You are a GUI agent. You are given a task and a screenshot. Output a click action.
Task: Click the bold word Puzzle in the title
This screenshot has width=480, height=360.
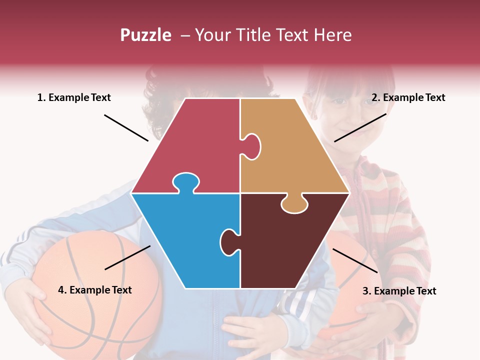(x=145, y=35)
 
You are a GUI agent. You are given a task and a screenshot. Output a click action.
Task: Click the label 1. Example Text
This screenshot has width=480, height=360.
(x=74, y=98)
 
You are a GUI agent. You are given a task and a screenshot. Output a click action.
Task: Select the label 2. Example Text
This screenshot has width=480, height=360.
(x=408, y=98)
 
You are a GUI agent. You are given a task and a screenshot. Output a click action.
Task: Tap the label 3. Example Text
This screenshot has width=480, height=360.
(x=399, y=291)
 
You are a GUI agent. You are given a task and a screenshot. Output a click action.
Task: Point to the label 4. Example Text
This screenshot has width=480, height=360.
(x=94, y=290)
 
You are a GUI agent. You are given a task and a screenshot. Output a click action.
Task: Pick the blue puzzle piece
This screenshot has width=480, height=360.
(x=185, y=240)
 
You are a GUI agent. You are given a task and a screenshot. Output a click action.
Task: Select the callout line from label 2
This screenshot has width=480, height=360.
(x=360, y=127)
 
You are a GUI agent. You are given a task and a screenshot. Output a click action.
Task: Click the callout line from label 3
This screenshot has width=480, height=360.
(x=355, y=260)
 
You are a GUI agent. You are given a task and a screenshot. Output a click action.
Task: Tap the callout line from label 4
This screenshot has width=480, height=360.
(x=127, y=257)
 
